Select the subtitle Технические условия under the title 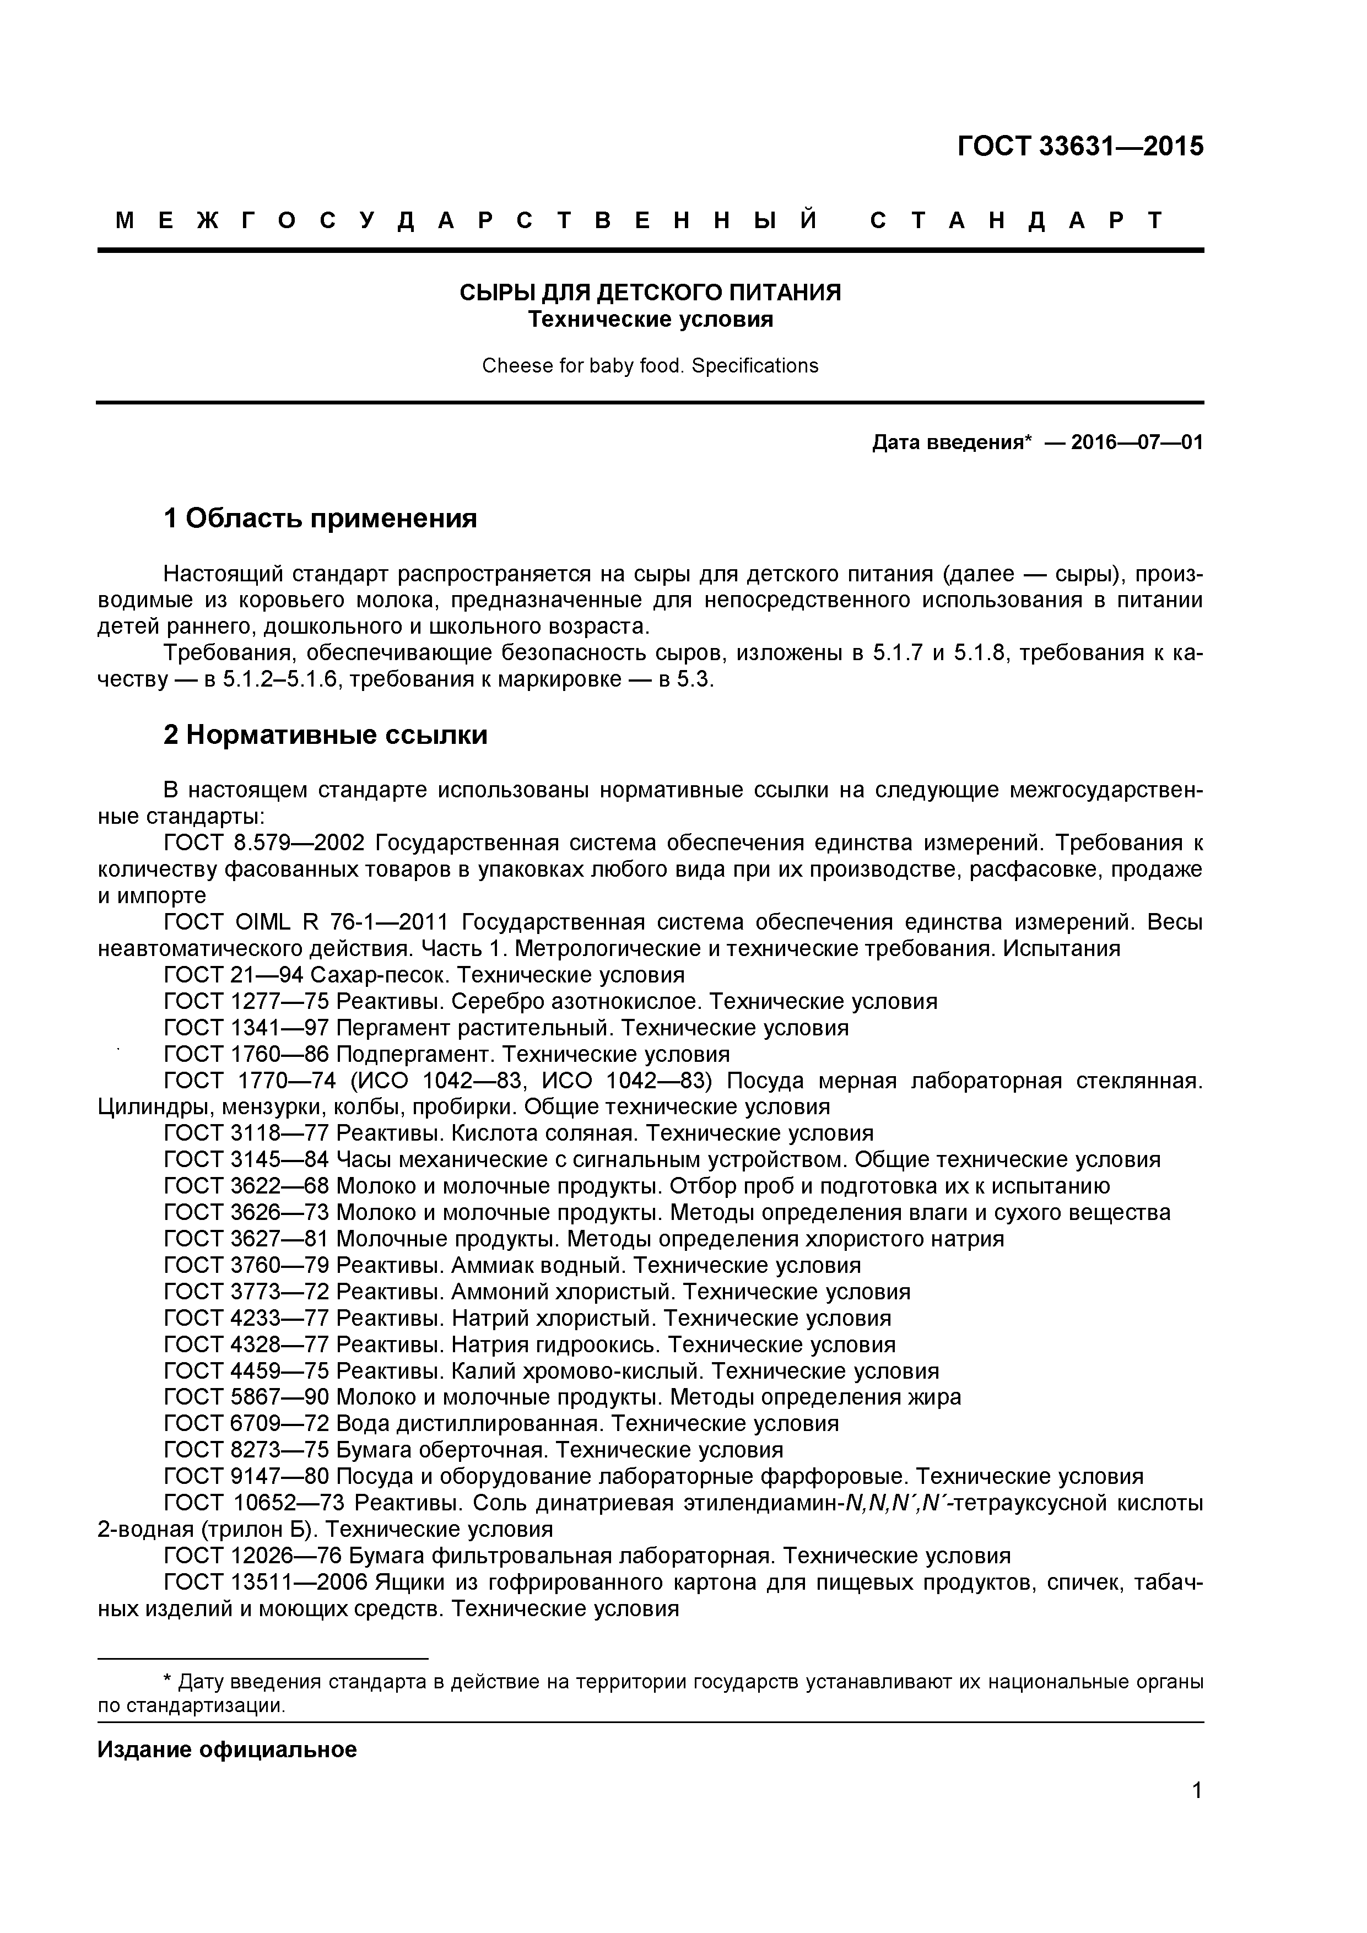coord(650,320)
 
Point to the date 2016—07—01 coord(1136,442)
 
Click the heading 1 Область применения coord(320,519)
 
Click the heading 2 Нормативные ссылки coord(325,735)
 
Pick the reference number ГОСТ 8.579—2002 coord(264,843)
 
